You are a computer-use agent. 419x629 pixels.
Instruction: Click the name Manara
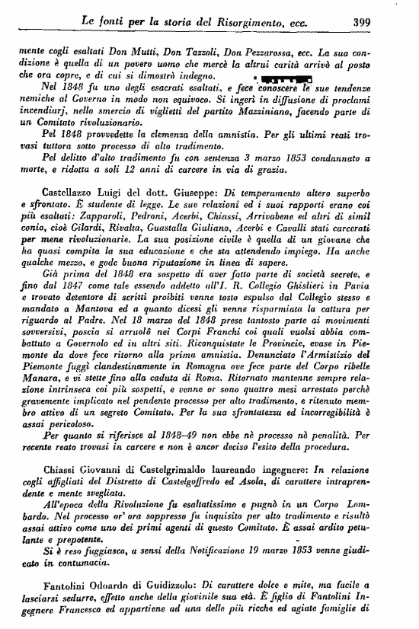(34, 401)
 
